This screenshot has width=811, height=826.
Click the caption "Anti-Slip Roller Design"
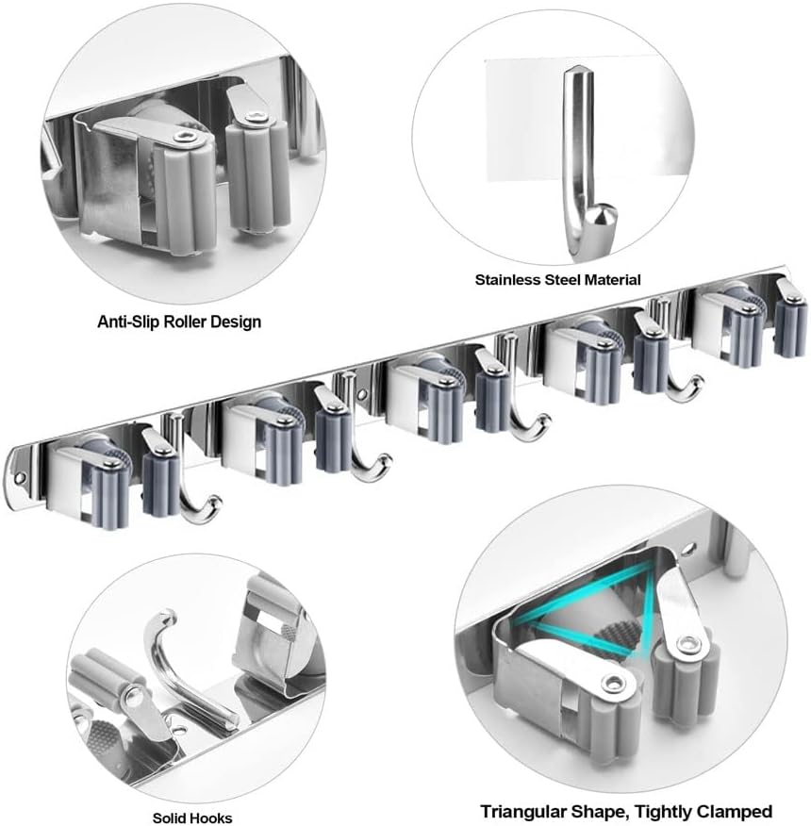[179, 322]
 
